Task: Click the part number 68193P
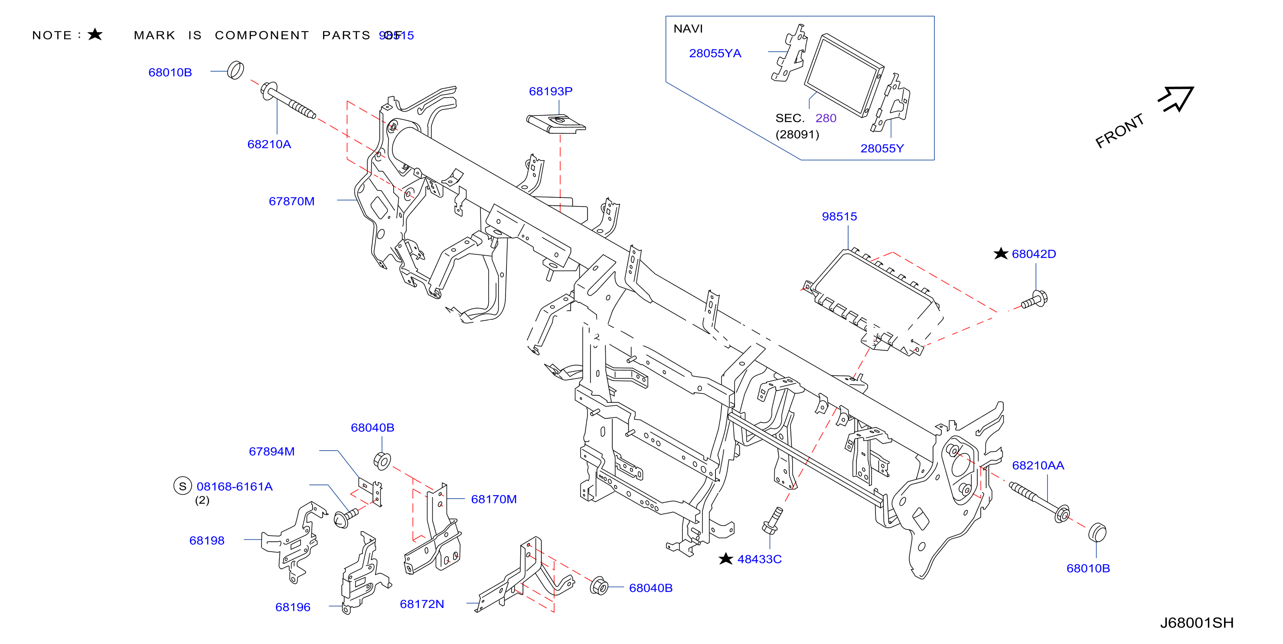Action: [550, 91]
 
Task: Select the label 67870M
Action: [291, 201]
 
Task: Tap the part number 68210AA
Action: [1038, 466]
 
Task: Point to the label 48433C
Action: [759, 559]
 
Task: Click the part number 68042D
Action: [1034, 254]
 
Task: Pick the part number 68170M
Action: [493, 499]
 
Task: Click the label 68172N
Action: [422, 604]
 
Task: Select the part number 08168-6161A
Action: [235, 487]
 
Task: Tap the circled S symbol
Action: [183, 486]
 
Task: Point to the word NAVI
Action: [688, 29]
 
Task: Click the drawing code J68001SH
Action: [1197, 623]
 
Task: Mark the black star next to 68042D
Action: [1001, 254]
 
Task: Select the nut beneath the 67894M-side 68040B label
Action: [382, 461]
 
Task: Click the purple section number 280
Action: [826, 118]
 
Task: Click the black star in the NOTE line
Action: [95, 34]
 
